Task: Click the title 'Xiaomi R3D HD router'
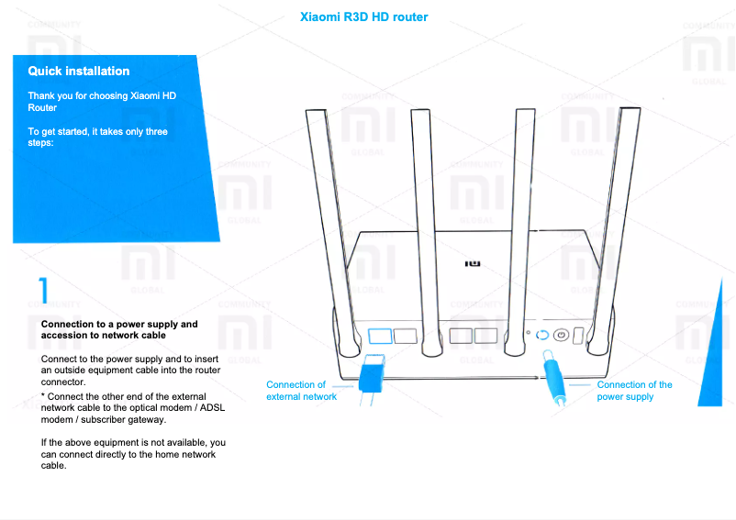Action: click(x=364, y=17)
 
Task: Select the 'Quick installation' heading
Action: click(x=79, y=71)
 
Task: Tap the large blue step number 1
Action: click(x=43, y=288)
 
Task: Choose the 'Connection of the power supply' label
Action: click(x=634, y=391)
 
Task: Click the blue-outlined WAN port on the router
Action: click(x=380, y=336)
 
